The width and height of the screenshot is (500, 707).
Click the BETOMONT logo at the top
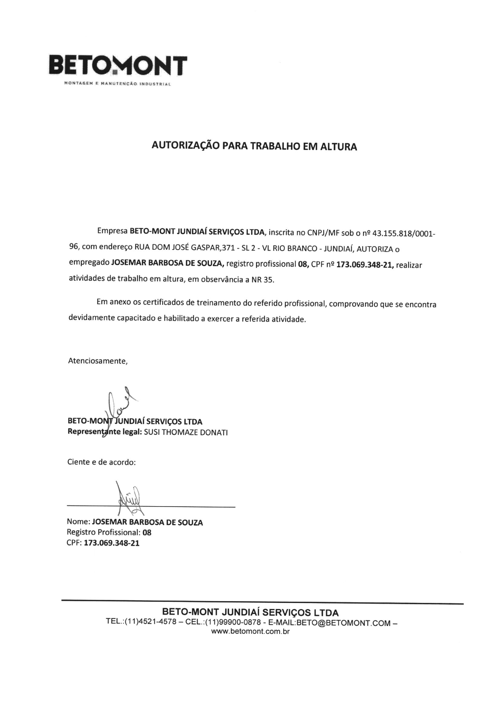point(118,65)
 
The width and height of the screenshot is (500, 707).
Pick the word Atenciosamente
point(98,361)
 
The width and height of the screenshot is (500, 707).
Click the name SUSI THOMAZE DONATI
point(186,432)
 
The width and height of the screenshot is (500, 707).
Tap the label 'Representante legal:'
point(104,432)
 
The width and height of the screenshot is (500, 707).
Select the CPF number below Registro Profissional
point(112,543)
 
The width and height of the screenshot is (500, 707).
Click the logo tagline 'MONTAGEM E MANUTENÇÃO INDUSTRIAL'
point(117,84)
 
